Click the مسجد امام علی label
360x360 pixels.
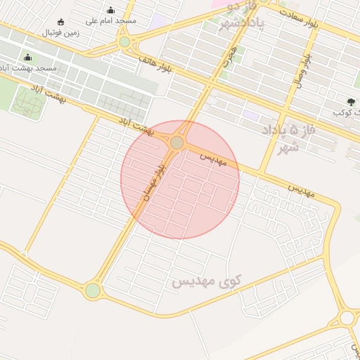click(x=111, y=21)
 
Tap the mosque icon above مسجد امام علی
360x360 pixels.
click(x=111, y=10)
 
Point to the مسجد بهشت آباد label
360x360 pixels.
click(x=29, y=68)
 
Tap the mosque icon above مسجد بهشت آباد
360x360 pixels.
click(x=27, y=58)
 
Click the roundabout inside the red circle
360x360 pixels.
click(x=176, y=143)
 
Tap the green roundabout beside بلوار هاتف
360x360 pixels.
click(x=124, y=42)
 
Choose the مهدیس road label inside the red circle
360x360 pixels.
click(x=214, y=158)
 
